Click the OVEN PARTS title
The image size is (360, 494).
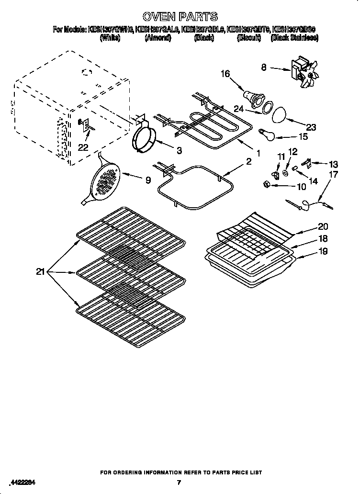tap(180, 17)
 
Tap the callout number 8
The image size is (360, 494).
tap(264, 67)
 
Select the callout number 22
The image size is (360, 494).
tap(83, 147)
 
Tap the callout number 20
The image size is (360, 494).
tap(323, 227)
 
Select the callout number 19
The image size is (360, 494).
tap(323, 251)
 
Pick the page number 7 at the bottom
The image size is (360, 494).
tap(179, 483)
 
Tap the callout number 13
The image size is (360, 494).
tap(333, 164)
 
